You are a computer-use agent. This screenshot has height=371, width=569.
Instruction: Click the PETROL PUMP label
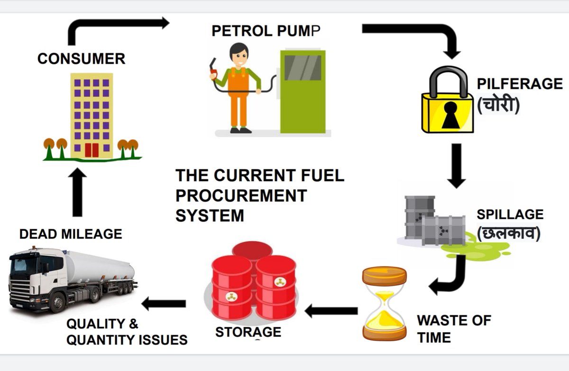point(266,31)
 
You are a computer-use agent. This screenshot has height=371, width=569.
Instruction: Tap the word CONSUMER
point(81,59)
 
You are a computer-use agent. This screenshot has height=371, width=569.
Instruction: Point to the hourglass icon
point(384,304)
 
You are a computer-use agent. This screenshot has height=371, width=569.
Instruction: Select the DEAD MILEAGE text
point(71,234)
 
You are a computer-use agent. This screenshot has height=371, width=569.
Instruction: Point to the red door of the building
point(91,150)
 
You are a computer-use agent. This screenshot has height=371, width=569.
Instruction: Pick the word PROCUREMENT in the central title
point(241,195)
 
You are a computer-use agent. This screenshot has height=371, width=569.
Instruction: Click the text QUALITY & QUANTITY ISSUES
point(126,332)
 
